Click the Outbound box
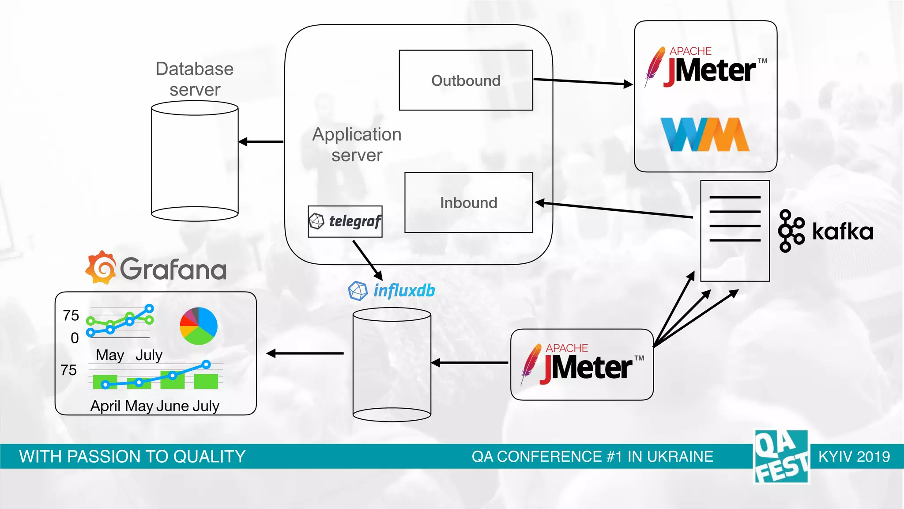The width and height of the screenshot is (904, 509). (x=466, y=80)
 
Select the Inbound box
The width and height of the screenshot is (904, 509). (x=468, y=202)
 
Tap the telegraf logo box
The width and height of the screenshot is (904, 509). (x=345, y=221)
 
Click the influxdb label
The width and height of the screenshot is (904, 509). (x=403, y=291)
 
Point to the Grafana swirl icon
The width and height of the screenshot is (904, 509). (x=101, y=268)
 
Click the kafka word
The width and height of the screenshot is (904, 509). (x=842, y=232)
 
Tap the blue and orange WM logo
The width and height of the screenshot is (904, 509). (x=705, y=134)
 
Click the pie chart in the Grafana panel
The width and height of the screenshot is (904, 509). (x=199, y=326)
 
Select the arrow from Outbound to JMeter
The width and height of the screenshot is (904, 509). (x=583, y=82)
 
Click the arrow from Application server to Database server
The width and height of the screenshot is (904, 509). (x=261, y=142)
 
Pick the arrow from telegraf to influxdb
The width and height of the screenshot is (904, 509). (x=367, y=260)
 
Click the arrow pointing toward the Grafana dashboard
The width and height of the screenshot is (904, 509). (x=305, y=353)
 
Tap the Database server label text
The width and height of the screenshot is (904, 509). (x=195, y=79)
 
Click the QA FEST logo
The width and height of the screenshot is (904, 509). (x=781, y=456)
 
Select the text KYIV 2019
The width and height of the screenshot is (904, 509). (x=854, y=456)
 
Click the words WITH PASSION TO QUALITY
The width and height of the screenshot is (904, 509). (x=132, y=456)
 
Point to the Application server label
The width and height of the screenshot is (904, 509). (x=357, y=144)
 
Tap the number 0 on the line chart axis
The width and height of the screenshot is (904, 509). (x=75, y=338)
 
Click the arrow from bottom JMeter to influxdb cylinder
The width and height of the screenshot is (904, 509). (x=470, y=363)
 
